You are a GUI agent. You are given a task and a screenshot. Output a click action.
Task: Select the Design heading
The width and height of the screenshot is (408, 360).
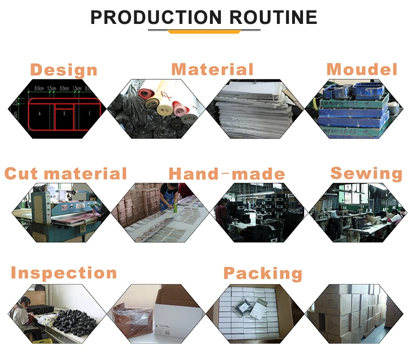64,70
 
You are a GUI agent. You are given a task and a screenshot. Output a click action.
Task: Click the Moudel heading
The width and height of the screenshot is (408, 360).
362,70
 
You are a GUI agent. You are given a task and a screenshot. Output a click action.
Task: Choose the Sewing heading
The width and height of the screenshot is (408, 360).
366,173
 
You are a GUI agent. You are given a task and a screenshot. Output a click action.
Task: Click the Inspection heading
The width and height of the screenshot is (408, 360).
64,273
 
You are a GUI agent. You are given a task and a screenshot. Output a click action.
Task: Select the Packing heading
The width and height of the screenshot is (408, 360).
263,274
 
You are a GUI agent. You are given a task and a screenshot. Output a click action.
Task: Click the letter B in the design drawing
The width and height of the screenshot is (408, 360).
64,114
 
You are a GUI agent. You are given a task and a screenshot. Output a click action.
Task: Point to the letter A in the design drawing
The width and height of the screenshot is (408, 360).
40,114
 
